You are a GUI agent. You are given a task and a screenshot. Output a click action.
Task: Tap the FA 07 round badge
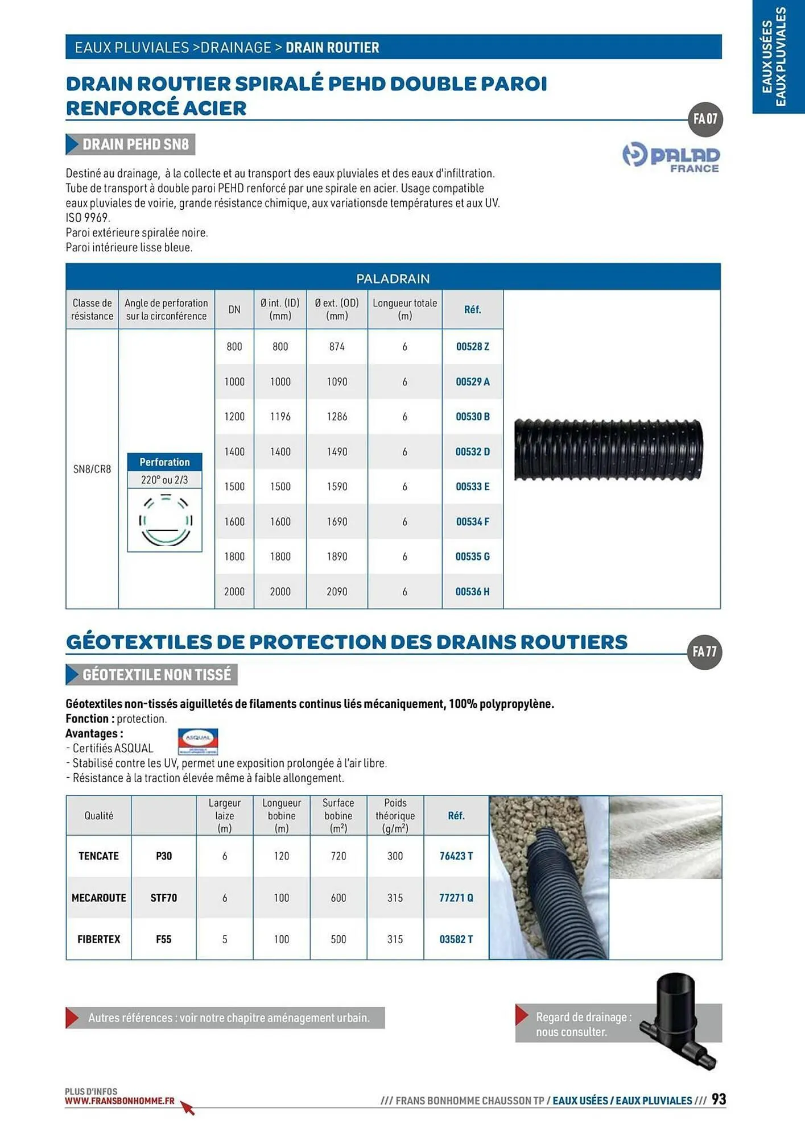[x=705, y=119]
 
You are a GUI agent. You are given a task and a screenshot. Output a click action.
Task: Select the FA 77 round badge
[x=704, y=652]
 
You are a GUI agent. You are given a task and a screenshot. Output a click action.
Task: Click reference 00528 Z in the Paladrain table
[x=472, y=347]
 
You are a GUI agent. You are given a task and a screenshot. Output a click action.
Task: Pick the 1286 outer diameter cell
[x=337, y=417]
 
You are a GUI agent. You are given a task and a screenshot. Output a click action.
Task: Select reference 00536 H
[x=472, y=592]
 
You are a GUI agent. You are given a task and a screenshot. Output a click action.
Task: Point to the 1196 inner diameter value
[x=280, y=417]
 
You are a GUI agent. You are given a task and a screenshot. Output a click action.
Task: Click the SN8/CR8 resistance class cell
[x=92, y=469]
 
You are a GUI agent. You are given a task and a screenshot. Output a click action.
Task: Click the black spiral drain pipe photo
[x=608, y=450]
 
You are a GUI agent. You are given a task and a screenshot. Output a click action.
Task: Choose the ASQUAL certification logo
[x=198, y=741]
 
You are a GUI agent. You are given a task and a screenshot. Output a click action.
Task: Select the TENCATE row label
[x=98, y=856]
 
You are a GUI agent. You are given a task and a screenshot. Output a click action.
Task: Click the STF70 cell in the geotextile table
[x=164, y=898]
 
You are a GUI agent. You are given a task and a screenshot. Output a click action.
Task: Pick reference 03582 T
[x=456, y=940]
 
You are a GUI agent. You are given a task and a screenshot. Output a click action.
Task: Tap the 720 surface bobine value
[x=338, y=856]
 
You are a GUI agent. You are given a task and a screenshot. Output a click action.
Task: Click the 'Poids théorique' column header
[x=395, y=816]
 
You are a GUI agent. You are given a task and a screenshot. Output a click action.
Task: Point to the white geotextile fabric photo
[x=665, y=837]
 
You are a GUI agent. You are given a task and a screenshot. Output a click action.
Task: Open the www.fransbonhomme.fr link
[x=119, y=1101]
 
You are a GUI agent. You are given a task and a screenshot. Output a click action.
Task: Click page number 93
[x=719, y=1099]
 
